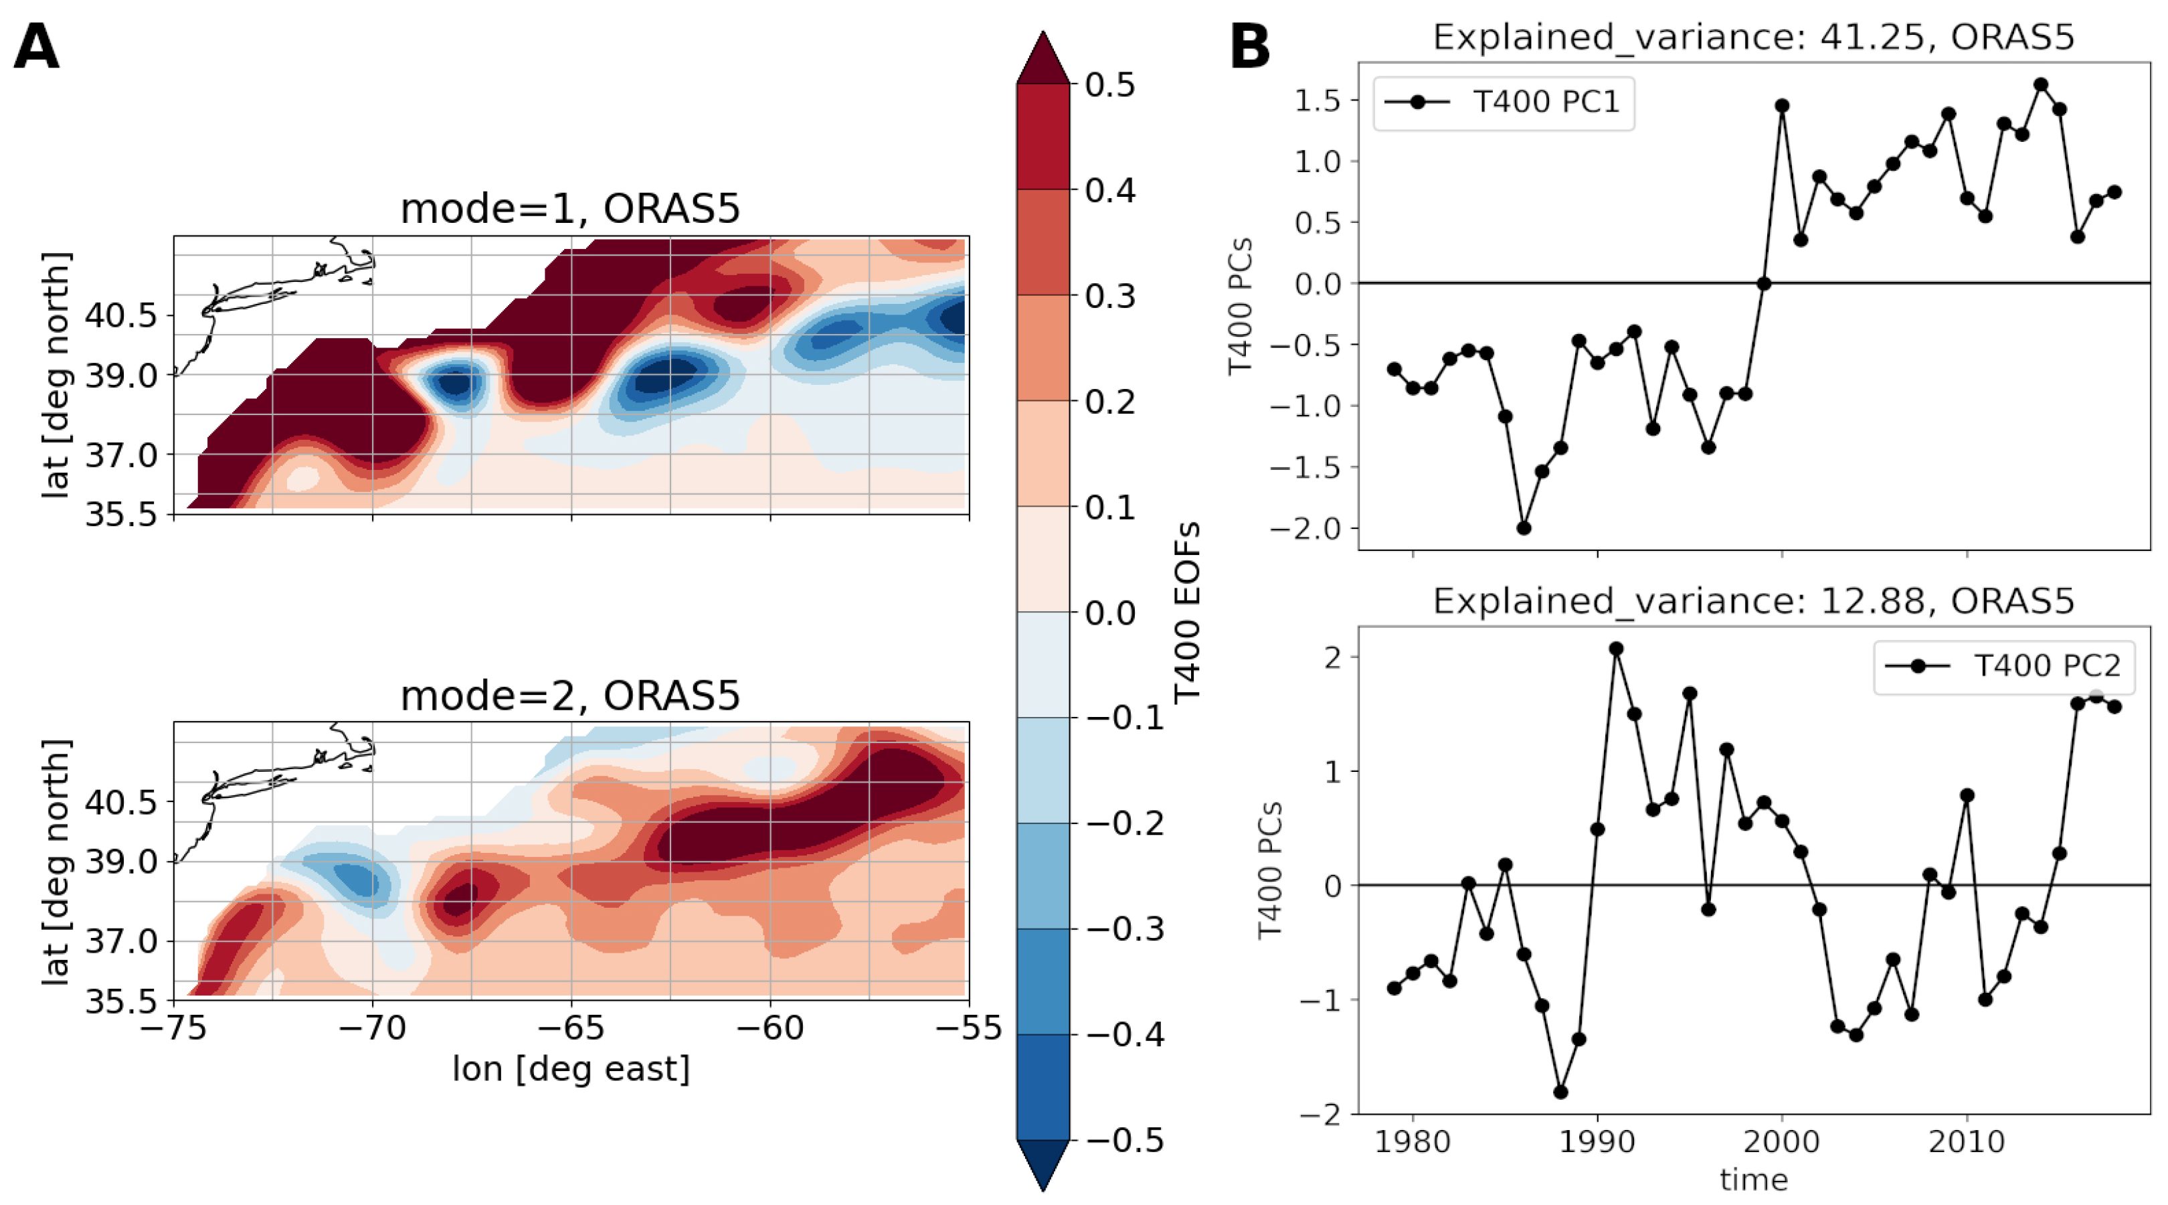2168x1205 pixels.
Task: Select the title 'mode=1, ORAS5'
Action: point(570,209)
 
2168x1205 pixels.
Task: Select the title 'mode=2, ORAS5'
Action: point(570,696)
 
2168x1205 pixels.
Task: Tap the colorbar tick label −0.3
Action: point(1124,929)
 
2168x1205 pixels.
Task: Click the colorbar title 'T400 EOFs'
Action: point(1186,612)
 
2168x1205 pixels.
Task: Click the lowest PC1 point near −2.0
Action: point(1524,528)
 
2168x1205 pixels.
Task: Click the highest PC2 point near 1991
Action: point(1616,649)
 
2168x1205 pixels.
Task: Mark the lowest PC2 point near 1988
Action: point(1560,1092)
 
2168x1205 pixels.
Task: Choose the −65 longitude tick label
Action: point(571,1028)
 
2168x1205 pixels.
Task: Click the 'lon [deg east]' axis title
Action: point(571,1069)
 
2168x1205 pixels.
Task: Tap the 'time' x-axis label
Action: point(1753,1180)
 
